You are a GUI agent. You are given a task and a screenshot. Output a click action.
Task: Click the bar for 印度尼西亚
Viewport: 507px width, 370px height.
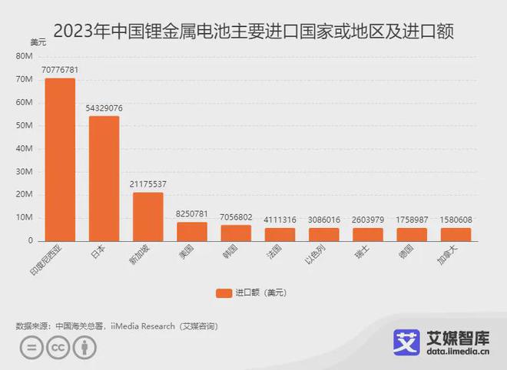tap(60, 159)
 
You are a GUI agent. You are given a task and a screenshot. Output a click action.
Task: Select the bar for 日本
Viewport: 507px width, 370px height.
tap(104, 178)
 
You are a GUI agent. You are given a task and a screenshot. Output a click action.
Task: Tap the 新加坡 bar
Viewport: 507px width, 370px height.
tap(148, 216)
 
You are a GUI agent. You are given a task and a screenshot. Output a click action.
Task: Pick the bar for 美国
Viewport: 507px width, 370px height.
tap(192, 231)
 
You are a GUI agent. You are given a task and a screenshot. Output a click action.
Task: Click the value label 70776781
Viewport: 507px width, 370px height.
tap(60, 70)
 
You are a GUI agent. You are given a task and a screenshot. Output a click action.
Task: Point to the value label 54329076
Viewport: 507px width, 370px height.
tap(104, 108)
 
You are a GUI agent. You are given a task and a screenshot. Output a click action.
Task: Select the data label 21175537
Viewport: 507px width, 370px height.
tap(148, 184)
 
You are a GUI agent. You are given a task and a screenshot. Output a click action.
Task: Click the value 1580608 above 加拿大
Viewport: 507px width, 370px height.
tap(456, 220)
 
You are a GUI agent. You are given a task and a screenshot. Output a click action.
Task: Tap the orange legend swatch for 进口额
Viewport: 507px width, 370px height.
tap(224, 292)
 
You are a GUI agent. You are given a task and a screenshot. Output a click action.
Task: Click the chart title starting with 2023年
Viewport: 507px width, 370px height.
tap(253, 31)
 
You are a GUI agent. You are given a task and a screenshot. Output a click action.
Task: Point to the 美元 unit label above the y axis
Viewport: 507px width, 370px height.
tap(37, 42)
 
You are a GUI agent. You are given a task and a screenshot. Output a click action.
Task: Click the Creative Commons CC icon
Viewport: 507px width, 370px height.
tap(57, 347)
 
